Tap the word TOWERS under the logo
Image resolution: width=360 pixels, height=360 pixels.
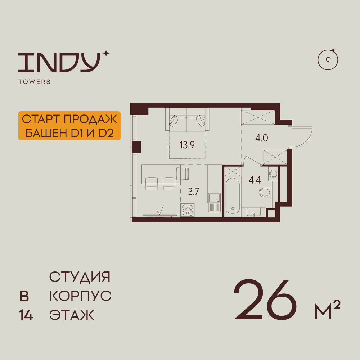(x=34, y=82)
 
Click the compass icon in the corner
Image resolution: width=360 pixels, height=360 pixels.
(x=328, y=59)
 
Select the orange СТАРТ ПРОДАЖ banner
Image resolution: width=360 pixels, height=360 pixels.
(x=69, y=126)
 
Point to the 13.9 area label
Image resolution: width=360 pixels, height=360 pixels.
(x=187, y=145)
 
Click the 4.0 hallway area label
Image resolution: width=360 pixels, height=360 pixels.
(x=261, y=138)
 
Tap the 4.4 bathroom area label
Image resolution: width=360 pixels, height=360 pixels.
(x=255, y=180)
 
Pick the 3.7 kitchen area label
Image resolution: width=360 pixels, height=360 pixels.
(x=193, y=192)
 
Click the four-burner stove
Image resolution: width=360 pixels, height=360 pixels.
(x=188, y=210)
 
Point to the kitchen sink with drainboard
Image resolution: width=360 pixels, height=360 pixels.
(x=215, y=203)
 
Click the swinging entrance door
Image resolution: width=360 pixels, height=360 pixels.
(x=302, y=136)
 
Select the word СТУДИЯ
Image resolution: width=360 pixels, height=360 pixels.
(x=80, y=277)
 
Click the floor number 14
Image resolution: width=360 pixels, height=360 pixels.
(x=26, y=316)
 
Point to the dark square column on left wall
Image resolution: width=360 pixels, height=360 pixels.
(x=137, y=147)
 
